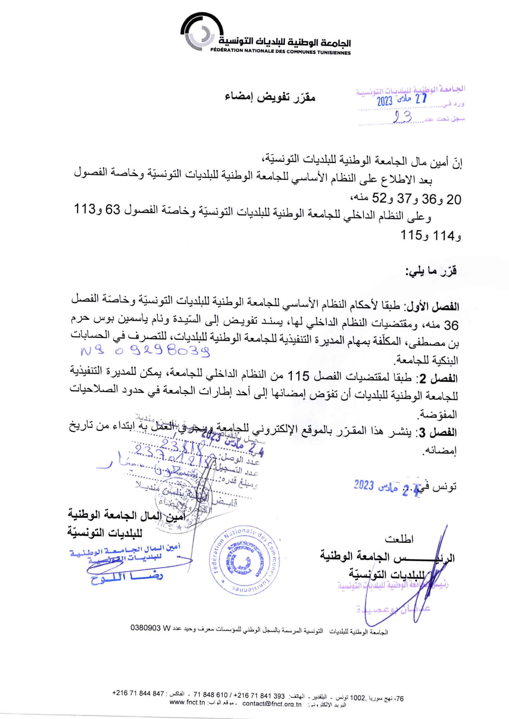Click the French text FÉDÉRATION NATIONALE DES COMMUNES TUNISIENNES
[x=281, y=53]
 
